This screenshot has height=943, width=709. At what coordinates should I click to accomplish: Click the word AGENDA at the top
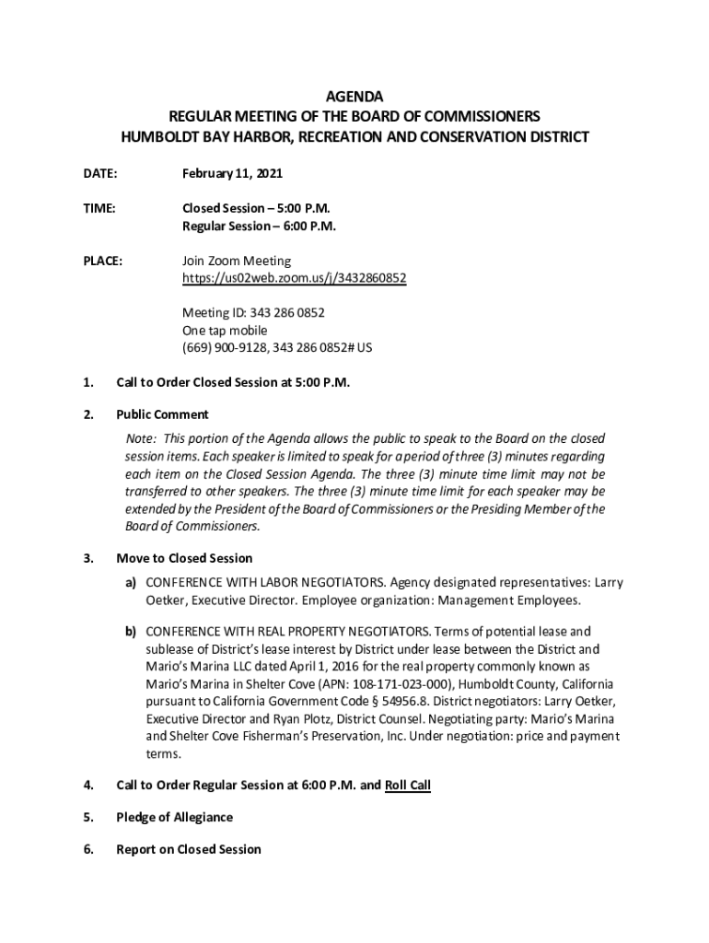coord(354,97)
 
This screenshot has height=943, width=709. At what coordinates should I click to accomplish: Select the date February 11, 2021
coord(232,173)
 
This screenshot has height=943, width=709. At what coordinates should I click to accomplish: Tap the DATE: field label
coord(100,173)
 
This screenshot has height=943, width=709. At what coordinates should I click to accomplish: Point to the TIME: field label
coord(99,209)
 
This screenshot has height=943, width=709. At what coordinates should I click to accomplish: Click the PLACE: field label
coord(103,261)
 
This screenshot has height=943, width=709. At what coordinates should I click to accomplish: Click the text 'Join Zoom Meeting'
coord(236,261)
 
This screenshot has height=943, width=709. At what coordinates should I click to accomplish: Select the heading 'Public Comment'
coord(162,414)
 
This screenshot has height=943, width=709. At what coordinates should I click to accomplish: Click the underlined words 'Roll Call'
coord(408,786)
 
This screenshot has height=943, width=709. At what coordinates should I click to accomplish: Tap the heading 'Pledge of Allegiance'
coord(174,818)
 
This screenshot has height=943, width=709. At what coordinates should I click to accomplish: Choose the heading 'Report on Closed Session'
coord(188,849)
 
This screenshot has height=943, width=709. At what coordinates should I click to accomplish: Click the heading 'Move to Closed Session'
coord(184,558)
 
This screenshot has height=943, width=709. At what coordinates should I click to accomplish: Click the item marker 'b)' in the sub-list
coord(132,632)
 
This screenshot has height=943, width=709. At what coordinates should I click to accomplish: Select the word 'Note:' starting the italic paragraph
coord(142,439)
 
